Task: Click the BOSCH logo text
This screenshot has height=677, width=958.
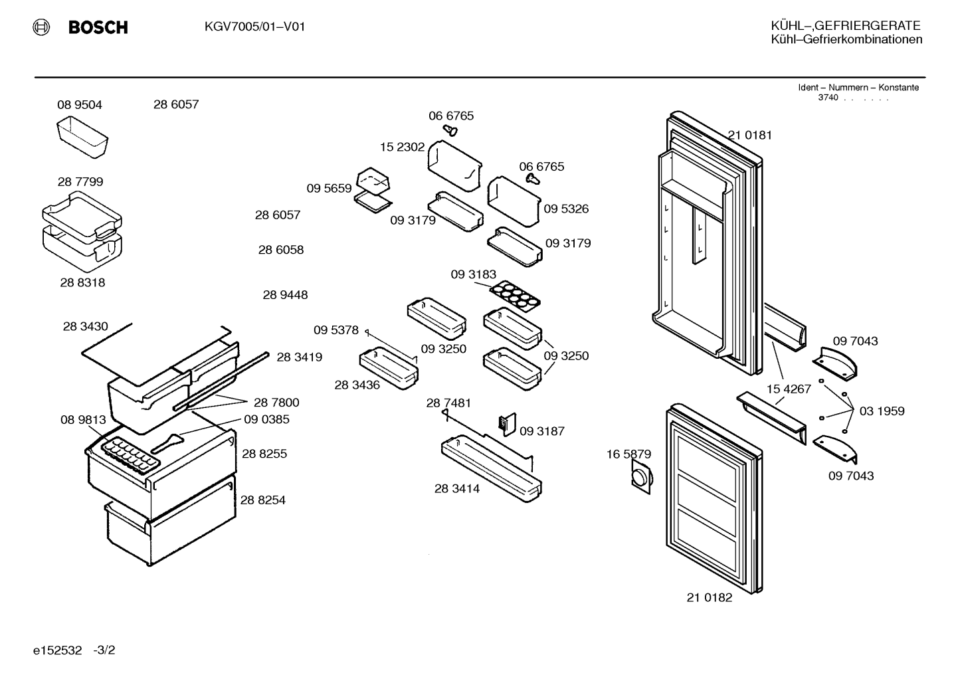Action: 98,27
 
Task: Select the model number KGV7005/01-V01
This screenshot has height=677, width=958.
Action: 254,27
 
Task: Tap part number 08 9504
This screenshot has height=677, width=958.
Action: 80,105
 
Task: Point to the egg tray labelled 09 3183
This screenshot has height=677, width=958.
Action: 514,294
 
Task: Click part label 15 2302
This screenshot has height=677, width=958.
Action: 402,147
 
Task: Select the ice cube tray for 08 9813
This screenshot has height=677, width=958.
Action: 130,454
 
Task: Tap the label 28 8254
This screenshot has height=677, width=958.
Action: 262,500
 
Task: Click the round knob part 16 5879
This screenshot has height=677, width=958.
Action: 642,476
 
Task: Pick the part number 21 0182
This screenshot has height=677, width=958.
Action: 709,597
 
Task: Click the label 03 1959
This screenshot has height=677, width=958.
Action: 882,411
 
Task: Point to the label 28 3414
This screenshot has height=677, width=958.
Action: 457,488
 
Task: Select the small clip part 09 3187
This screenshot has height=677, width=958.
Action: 507,425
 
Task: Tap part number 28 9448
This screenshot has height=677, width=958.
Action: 285,295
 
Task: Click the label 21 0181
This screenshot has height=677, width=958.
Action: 749,135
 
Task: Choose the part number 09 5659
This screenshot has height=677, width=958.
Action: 329,188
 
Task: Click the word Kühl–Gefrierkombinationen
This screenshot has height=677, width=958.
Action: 846,39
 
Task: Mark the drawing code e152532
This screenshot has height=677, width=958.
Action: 57,650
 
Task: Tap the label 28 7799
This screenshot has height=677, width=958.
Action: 80,182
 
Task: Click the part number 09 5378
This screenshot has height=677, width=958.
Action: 335,330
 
